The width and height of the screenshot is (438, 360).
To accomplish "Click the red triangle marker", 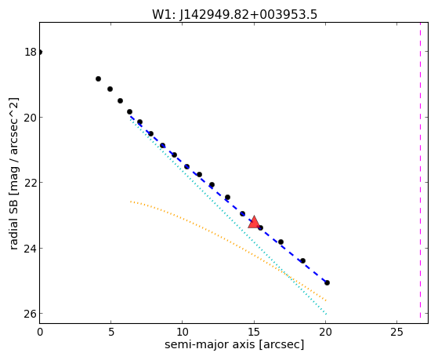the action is [254, 222].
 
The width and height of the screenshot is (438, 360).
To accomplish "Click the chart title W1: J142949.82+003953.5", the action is [234, 14].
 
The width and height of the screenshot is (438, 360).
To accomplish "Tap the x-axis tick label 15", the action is [254, 333].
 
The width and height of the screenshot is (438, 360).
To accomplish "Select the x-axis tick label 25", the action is [396, 333].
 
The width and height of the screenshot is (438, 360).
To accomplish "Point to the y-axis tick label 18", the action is [31, 52].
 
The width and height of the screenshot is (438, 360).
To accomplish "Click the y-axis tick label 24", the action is [31, 249].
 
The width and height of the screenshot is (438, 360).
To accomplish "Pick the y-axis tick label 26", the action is [31, 314].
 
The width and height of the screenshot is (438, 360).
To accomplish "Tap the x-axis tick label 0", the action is [40, 333].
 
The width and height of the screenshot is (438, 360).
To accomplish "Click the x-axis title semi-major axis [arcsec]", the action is [234, 344].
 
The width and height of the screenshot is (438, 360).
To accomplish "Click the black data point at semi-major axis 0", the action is [40, 52].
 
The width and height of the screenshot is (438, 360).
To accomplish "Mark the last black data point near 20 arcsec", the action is [327, 283].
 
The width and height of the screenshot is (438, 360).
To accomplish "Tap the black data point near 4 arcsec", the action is [98, 79].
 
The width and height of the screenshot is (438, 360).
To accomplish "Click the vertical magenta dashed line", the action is [420, 171].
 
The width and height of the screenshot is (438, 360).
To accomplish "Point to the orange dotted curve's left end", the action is [130, 201].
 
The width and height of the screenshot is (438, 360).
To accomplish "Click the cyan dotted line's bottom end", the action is [326, 314].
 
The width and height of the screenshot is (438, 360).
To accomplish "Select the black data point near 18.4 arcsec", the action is [302, 260].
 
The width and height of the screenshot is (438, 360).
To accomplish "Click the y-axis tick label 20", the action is [31, 118].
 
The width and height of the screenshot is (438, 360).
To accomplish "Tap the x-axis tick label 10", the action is [182, 333].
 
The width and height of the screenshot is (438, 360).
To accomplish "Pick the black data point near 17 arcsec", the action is [281, 242].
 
